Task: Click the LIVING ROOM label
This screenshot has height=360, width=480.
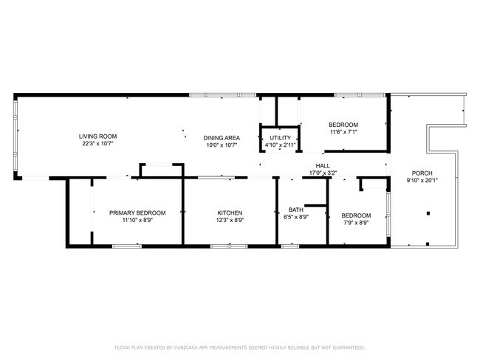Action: tap(98, 136)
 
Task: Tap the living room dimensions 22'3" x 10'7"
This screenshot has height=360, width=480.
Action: tap(98, 145)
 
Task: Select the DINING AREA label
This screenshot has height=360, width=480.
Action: tap(222, 137)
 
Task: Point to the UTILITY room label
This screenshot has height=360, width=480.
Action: tap(281, 137)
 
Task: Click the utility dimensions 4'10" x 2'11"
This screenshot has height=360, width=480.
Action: tap(281, 145)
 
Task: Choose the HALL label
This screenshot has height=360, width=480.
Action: tap(323, 165)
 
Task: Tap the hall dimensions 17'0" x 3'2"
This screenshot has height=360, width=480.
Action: tap(323, 173)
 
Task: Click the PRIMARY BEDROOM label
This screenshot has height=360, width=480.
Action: tap(137, 212)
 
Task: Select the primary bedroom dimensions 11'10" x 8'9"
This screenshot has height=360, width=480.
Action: tap(137, 221)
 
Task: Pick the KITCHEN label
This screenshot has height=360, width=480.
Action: tap(230, 212)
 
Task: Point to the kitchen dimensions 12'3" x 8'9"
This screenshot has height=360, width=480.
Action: tap(230, 221)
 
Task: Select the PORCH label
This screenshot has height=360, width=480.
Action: tap(423, 173)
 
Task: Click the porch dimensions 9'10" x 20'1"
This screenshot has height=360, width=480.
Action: tap(423, 181)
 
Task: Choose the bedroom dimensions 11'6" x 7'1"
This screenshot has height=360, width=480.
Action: tap(343, 132)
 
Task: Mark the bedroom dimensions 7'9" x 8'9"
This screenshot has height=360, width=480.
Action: tap(356, 223)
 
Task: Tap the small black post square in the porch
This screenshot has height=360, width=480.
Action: tap(427, 213)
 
